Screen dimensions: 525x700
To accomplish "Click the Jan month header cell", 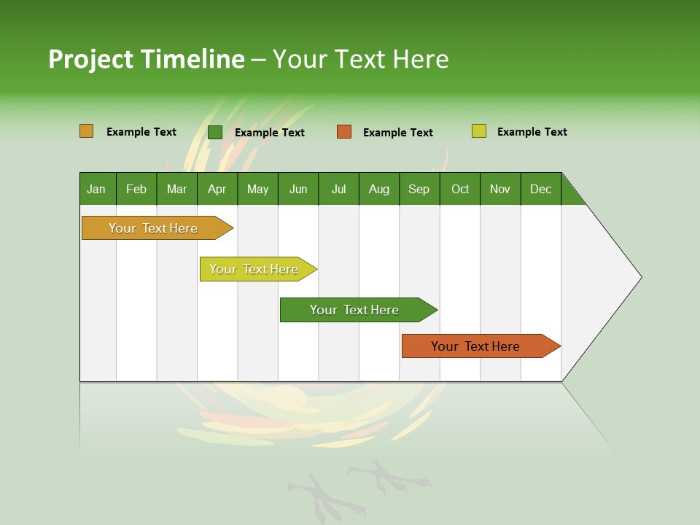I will pyautogui.click(x=97, y=189).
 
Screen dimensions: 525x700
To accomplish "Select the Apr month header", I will pyautogui.click(x=217, y=189).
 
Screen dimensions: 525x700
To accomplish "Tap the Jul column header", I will pyautogui.click(x=338, y=189).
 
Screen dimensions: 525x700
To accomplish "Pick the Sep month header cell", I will pyautogui.click(x=419, y=189).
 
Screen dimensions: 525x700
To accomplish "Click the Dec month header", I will pyautogui.click(x=541, y=189).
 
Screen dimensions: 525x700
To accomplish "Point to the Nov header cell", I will pyautogui.click(x=500, y=189).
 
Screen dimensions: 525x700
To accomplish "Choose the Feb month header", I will pyautogui.click(x=136, y=189).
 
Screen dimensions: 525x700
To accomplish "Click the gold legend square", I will pyautogui.click(x=87, y=131).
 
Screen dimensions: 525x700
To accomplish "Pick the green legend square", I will pyautogui.click(x=215, y=132).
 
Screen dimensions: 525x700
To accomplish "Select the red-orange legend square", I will pyautogui.click(x=344, y=132).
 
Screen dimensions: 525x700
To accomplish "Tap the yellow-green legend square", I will pyautogui.click(x=479, y=131).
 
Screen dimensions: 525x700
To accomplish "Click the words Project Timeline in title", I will pyautogui.click(x=147, y=59).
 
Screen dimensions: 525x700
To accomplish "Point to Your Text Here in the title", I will pyautogui.click(x=360, y=59).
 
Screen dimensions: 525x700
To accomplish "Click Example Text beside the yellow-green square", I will pyautogui.click(x=532, y=132).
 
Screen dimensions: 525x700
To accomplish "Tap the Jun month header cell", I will pyautogui.click(x=298, y=189).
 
